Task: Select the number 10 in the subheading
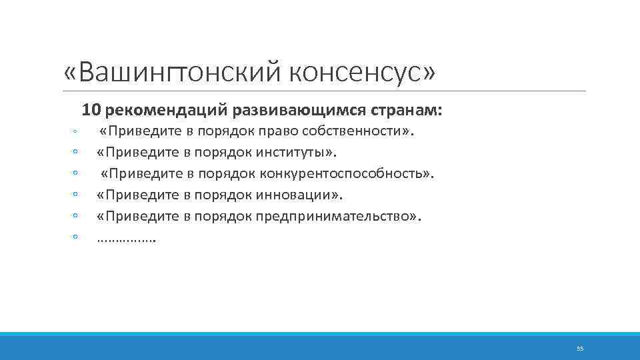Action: [91, 108]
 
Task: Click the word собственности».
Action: [359, 131]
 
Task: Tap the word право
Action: [280, 131]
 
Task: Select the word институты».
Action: [296, 152]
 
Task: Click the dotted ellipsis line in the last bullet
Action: [126, 239]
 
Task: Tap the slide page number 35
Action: [579, 349]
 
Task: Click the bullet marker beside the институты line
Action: [76, 151]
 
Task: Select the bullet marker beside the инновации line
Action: [76, 194]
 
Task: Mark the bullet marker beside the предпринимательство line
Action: [76, 215]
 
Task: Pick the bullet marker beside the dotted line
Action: [76, 237]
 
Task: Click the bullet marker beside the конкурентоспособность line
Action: [76, 173]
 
